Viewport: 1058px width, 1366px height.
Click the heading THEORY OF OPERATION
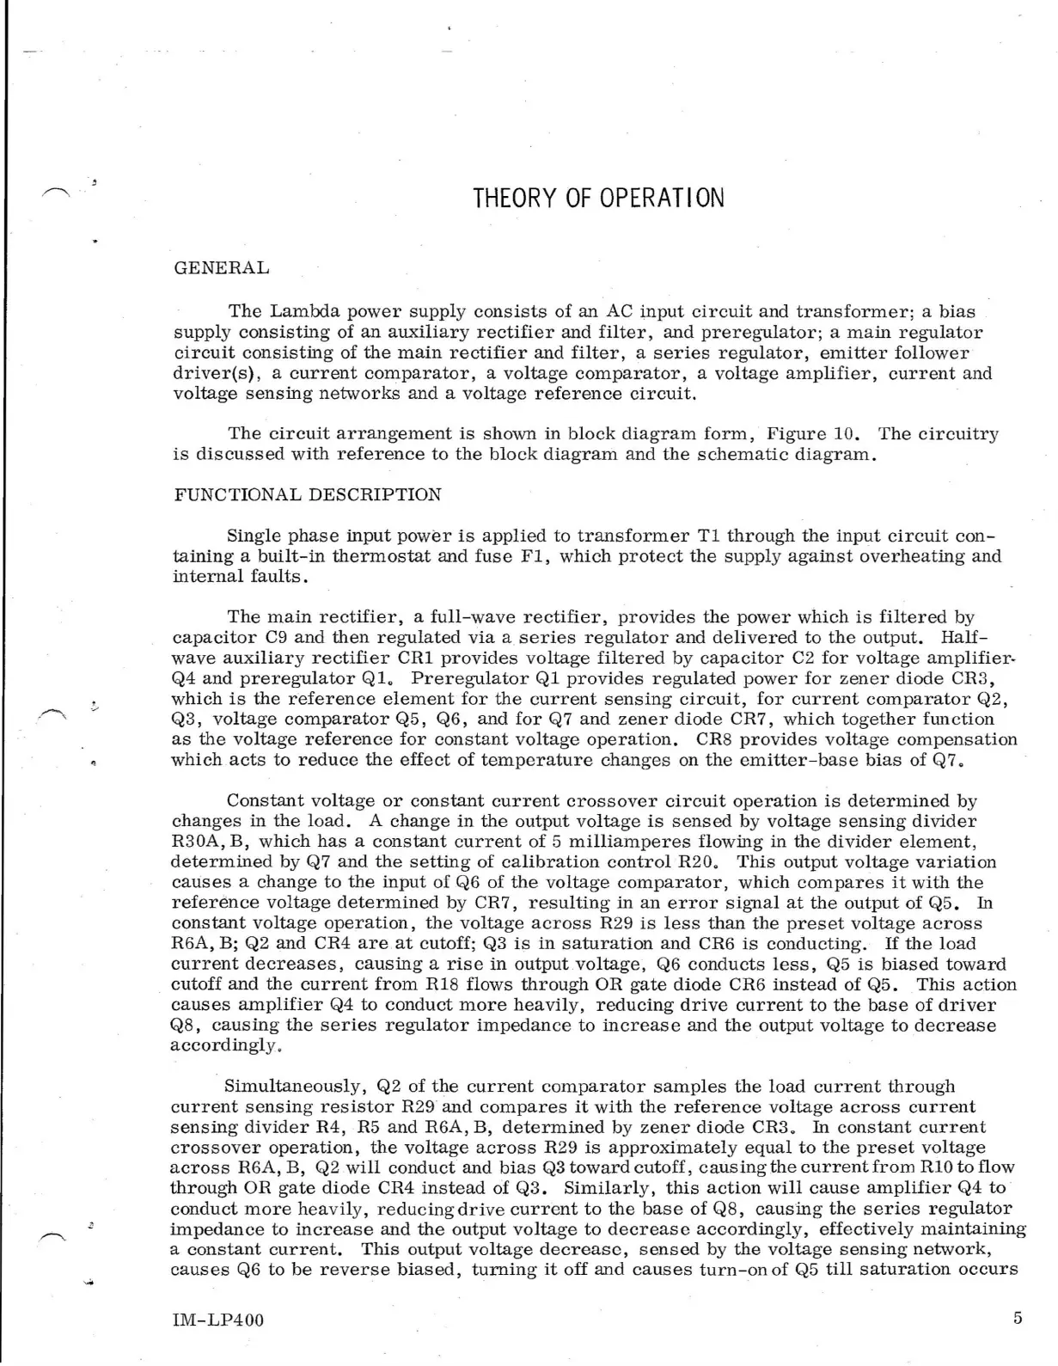[x=598, y=199]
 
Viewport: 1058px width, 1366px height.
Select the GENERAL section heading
[x=221, y=268]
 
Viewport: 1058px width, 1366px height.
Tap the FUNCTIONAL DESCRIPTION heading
[x=308, y=495]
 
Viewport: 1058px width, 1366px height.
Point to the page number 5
[x=1018, y=1318]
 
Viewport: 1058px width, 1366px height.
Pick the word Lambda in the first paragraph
[x=303, y=312]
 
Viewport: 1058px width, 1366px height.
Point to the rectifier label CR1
[x=417, y=658]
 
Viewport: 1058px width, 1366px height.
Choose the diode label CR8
[x=712, y=739]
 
